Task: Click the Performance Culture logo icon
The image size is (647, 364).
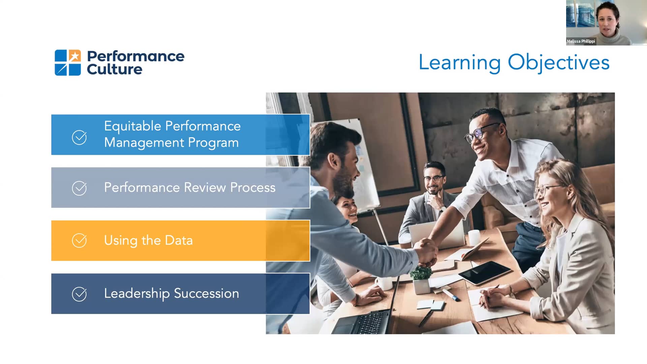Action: pyautogui.click(x=68, y=63)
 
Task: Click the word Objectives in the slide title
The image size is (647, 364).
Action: pyautogui.click(x=558, y=63)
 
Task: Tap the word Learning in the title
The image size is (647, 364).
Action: pyautogui.click(x=459, y=63)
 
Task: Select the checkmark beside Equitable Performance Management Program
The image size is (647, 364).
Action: pyautogui.click(x=79, y=138)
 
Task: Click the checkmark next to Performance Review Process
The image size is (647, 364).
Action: pyautogui.click(x=79, y=188)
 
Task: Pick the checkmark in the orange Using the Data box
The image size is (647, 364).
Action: pyautogui.click(x=79, y=241)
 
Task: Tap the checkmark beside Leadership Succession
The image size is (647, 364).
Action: pyautogui.click(x=79, y=294)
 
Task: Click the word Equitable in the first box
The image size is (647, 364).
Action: pyautogui.click(x=132, y=126)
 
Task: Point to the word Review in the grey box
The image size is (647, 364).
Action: pyautogui.click(x=205, y=187)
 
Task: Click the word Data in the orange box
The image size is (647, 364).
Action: pyautogui.click(x=179, y=240)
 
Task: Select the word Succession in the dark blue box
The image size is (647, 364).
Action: pyautogui.click(x=206, y=293)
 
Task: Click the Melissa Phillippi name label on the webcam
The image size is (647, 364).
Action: pyautogui.click(x=581, y=41)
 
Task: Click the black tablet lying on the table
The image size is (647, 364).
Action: pyautogui.click(x=485, y=272)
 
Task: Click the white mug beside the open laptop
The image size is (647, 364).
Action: pyautogui.click(x=474, y=237)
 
